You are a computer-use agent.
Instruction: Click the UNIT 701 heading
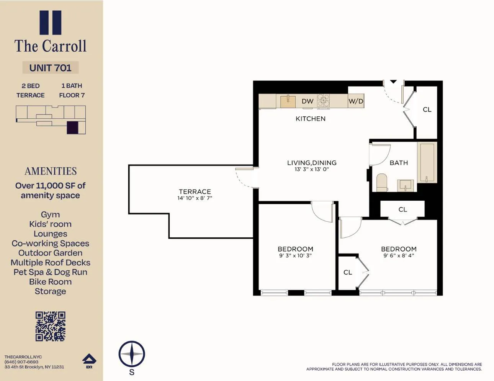[x=51, y=68]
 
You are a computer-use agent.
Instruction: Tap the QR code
[x=51, y=326]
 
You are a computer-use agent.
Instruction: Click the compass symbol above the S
[x=132, y=354]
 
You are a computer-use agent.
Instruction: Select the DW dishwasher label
[x=308, y=101]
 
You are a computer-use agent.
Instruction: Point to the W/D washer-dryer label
[x=356, y=101]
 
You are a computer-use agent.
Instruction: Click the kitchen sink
[x=288, y=101]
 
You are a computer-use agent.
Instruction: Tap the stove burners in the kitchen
[x=324, y=100]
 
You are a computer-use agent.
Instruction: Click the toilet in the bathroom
[x=382, y=182]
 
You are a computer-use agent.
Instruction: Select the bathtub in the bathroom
[x=427, y=162]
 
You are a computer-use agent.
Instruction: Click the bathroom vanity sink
[x=406, y=185]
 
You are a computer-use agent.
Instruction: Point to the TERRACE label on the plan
[x=195, y=191]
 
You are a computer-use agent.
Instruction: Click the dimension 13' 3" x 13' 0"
[x=312, y=169]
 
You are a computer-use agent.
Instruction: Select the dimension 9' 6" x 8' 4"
[x=399, y=255]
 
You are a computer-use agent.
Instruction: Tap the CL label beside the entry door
[x=427, y=110]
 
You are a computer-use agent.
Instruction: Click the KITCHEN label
[x=311, y=119]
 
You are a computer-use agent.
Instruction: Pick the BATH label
[x=399, y=163]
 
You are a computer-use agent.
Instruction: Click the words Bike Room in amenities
[x=51, y=282]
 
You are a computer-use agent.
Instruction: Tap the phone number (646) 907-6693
[x=21, y=362]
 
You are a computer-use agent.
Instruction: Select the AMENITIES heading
[x=51, y=171]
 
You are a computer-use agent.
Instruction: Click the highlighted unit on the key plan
[x=72, y=128]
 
